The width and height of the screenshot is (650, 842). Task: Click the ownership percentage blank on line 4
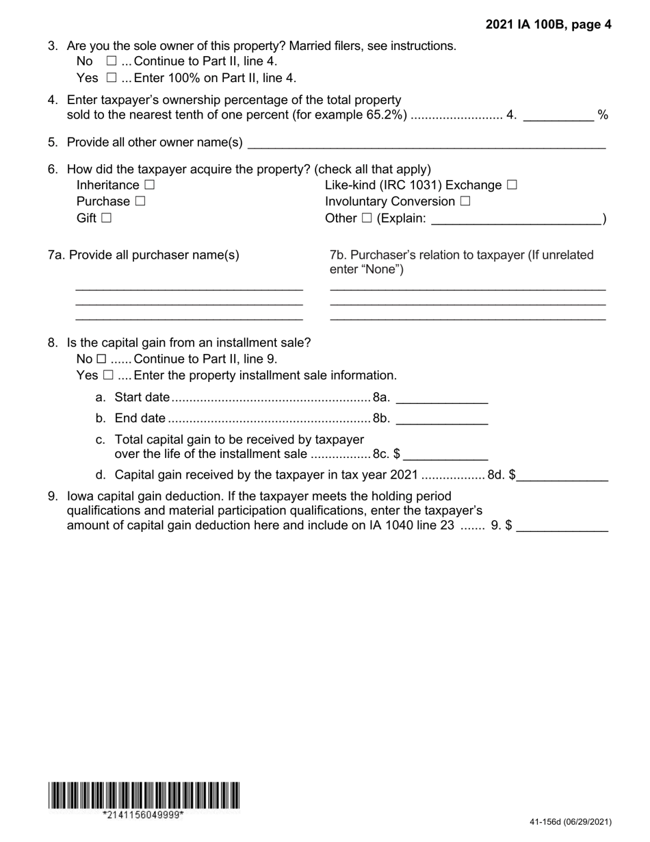[558, 115]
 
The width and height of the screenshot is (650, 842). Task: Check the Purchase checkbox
[140, 201]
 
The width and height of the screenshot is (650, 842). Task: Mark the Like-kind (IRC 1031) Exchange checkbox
[512, 186]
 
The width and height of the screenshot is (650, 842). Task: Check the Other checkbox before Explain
[366, 218]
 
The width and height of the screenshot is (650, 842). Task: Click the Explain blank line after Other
[517, 219]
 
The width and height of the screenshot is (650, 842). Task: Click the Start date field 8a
[441, 398]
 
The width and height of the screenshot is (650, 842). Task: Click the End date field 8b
[441, 419]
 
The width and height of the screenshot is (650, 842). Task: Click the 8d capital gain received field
[562, 476]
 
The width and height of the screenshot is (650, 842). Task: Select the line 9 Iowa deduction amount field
[562, 526]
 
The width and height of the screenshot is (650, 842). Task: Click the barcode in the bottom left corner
[144, 795]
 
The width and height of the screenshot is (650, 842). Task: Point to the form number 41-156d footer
[570, 822]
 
